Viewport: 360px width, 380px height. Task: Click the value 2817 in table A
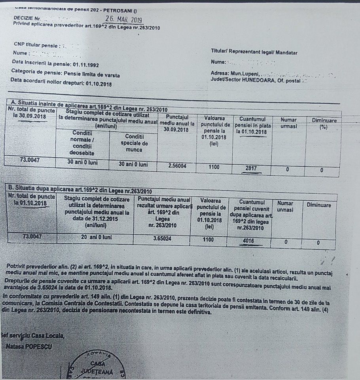251,168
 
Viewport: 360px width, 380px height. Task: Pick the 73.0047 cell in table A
31,160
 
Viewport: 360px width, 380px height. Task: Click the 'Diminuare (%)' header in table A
324,123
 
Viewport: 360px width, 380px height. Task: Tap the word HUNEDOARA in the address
268,80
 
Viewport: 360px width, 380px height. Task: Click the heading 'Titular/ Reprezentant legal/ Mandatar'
254,52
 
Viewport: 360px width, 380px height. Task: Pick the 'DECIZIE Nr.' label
27,18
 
